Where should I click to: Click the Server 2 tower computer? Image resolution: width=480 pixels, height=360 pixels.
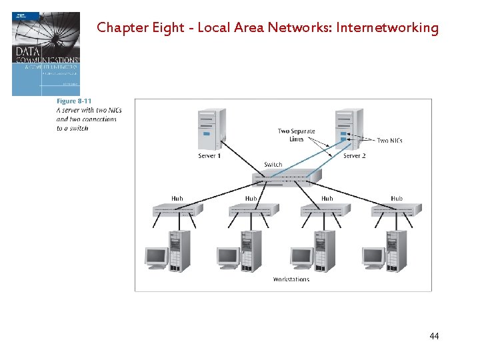point(349,129)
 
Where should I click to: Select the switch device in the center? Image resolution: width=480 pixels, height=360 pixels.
point(286,177)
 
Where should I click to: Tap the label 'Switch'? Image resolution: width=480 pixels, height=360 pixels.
point(273,164)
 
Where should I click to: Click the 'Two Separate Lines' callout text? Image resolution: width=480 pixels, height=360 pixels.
point(296,135)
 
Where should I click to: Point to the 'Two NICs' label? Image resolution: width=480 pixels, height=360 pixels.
point(389,141)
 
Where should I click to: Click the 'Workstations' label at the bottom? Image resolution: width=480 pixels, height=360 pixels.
point(291,279)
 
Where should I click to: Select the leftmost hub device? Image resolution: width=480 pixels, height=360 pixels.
point(177,209)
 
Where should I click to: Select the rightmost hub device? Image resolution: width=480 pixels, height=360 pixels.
point(397,209)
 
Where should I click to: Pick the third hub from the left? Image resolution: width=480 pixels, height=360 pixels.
point(325,209)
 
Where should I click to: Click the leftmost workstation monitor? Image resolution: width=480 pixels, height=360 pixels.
point(156,257)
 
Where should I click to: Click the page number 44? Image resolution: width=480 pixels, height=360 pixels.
point(434,337)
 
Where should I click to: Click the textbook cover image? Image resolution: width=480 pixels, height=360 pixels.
point(45,53)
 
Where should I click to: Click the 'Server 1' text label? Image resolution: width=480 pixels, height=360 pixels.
point(209,156)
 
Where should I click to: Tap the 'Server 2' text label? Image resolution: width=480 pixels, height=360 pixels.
point(354,156)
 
